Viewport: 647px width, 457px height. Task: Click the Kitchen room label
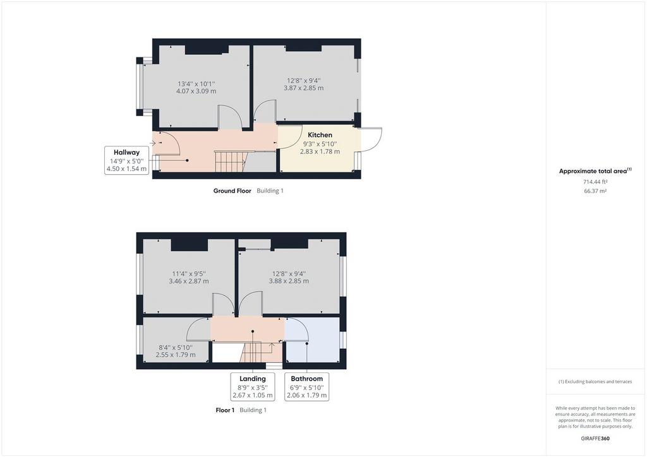320,134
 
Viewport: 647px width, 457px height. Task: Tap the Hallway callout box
126,160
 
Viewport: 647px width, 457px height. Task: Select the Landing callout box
253,386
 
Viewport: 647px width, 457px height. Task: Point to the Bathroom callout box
306,386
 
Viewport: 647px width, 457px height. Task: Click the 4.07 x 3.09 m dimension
196,91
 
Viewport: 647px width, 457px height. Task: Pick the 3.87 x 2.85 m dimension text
304,88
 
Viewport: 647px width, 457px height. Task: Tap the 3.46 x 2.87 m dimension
188,281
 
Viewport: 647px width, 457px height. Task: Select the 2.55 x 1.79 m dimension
176,354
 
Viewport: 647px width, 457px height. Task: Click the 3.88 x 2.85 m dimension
289,281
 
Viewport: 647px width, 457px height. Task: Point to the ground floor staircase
230,162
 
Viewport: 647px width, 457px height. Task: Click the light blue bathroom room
312,340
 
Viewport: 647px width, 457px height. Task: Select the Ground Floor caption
233,191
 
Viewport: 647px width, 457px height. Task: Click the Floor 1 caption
225,410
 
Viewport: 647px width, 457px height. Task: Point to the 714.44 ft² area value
595,182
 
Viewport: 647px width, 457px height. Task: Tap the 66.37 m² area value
595,191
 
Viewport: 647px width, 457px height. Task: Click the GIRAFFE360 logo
595,439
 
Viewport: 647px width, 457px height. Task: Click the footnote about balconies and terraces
595,382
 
